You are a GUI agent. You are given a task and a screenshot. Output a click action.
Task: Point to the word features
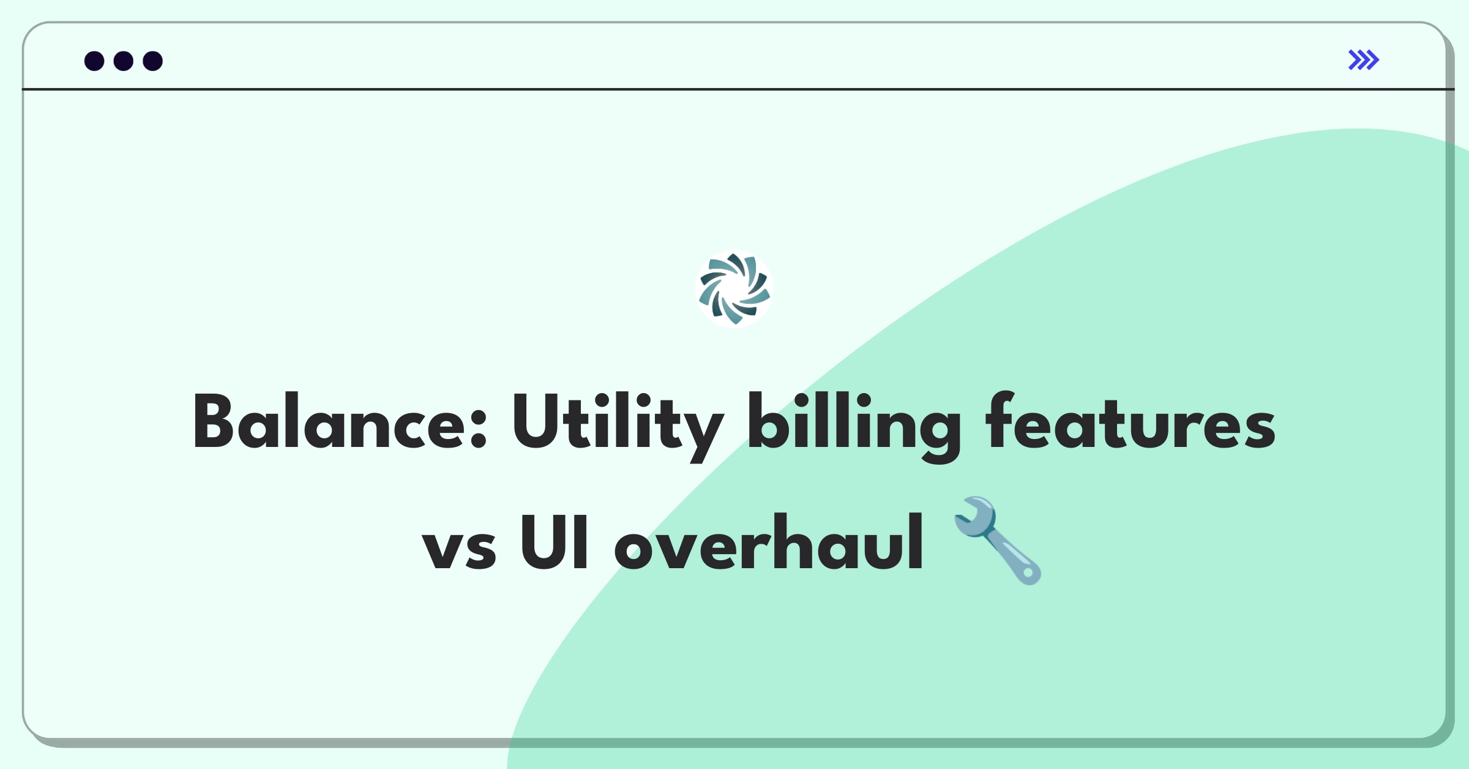[x=1130, y=422]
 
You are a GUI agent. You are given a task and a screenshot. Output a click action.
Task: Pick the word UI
[x=554, y=542]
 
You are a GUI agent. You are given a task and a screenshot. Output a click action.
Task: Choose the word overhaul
[x=769, y=542]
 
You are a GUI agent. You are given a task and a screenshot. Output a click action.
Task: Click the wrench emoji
[x=998, y=540]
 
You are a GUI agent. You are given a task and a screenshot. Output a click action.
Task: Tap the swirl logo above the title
[x=734, y=289]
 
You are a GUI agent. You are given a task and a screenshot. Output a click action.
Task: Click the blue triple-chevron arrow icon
[x=1364, y=60]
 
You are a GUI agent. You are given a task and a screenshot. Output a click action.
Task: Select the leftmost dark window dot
[x=94, y=61]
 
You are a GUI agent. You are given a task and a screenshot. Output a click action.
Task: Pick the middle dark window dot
[x=124, y=61]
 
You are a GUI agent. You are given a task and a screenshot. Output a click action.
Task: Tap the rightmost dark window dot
[x=153, y=61]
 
